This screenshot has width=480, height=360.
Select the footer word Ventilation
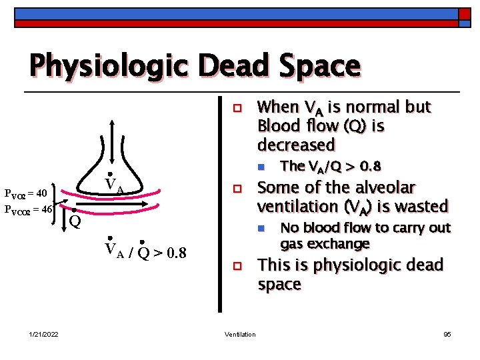239,334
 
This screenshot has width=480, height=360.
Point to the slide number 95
447,334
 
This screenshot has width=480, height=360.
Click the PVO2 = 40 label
25,194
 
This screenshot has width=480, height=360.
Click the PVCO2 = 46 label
29,209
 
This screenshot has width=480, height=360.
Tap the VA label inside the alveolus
114,187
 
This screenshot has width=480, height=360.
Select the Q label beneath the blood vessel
75,219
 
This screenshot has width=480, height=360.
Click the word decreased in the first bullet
296,145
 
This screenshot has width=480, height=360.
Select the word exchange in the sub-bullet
343,244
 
